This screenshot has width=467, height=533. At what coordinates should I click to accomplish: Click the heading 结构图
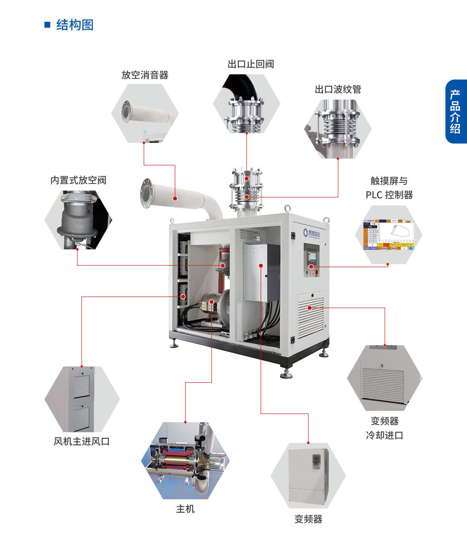(75, 25)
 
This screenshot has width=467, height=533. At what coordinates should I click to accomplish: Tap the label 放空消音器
(145, 75)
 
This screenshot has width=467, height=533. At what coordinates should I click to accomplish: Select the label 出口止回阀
(250, 64)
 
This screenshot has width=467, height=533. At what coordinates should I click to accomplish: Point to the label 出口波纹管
(338, 89)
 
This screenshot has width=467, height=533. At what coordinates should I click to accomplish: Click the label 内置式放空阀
(78, 180)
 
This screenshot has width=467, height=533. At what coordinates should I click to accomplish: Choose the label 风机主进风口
(81, 441)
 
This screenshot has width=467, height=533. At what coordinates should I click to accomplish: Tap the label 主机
(185, 509)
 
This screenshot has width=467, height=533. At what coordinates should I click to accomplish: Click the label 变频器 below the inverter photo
(308, 519)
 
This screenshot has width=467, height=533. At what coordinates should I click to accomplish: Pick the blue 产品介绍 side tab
(455, 112)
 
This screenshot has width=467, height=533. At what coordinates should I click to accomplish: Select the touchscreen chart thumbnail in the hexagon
(389, 234)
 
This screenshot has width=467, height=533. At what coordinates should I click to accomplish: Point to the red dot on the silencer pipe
(175, 198)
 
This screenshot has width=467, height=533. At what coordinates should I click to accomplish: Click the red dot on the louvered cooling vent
(310, 308)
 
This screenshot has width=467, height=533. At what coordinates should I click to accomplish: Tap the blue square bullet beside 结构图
(47, 25)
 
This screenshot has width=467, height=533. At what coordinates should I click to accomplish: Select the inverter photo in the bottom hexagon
(308, 476)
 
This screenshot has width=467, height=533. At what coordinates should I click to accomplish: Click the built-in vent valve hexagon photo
(78, 219)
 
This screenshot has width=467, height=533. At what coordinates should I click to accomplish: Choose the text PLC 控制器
(389, 195)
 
